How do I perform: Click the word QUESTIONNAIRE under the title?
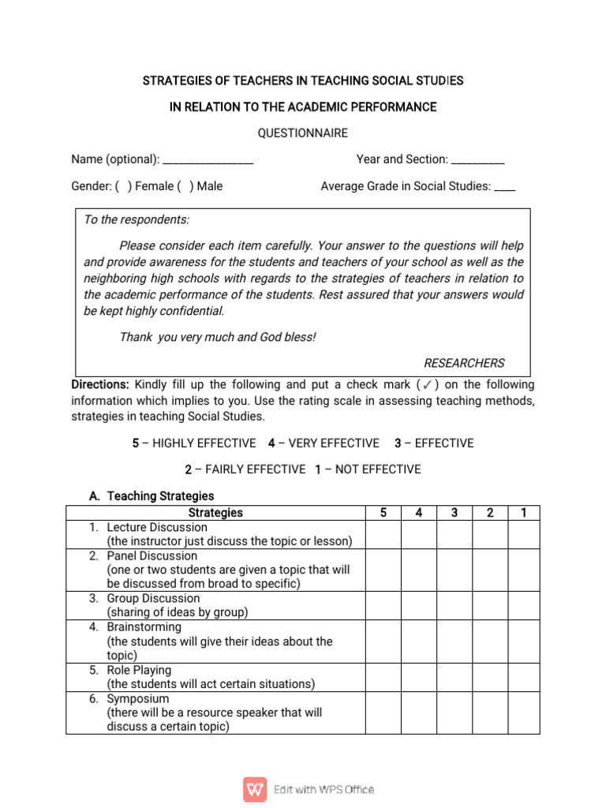303,133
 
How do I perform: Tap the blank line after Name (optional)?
208,161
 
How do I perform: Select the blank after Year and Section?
478,161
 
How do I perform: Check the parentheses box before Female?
123,186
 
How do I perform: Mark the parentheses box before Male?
185,186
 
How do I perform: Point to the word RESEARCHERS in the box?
464,363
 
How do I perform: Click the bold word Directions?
100,385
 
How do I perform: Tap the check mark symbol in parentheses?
426,385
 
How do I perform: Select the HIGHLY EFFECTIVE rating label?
204,443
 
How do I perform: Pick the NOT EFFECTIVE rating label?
378,469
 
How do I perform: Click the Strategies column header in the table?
216,513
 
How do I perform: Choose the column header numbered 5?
383,513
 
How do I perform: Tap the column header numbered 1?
523,513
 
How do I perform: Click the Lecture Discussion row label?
158,527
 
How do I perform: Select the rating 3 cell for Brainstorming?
454,642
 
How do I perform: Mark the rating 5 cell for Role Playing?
383,677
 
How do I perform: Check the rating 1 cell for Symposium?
523,713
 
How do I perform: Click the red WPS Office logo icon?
255,789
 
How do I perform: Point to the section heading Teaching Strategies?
160,496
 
